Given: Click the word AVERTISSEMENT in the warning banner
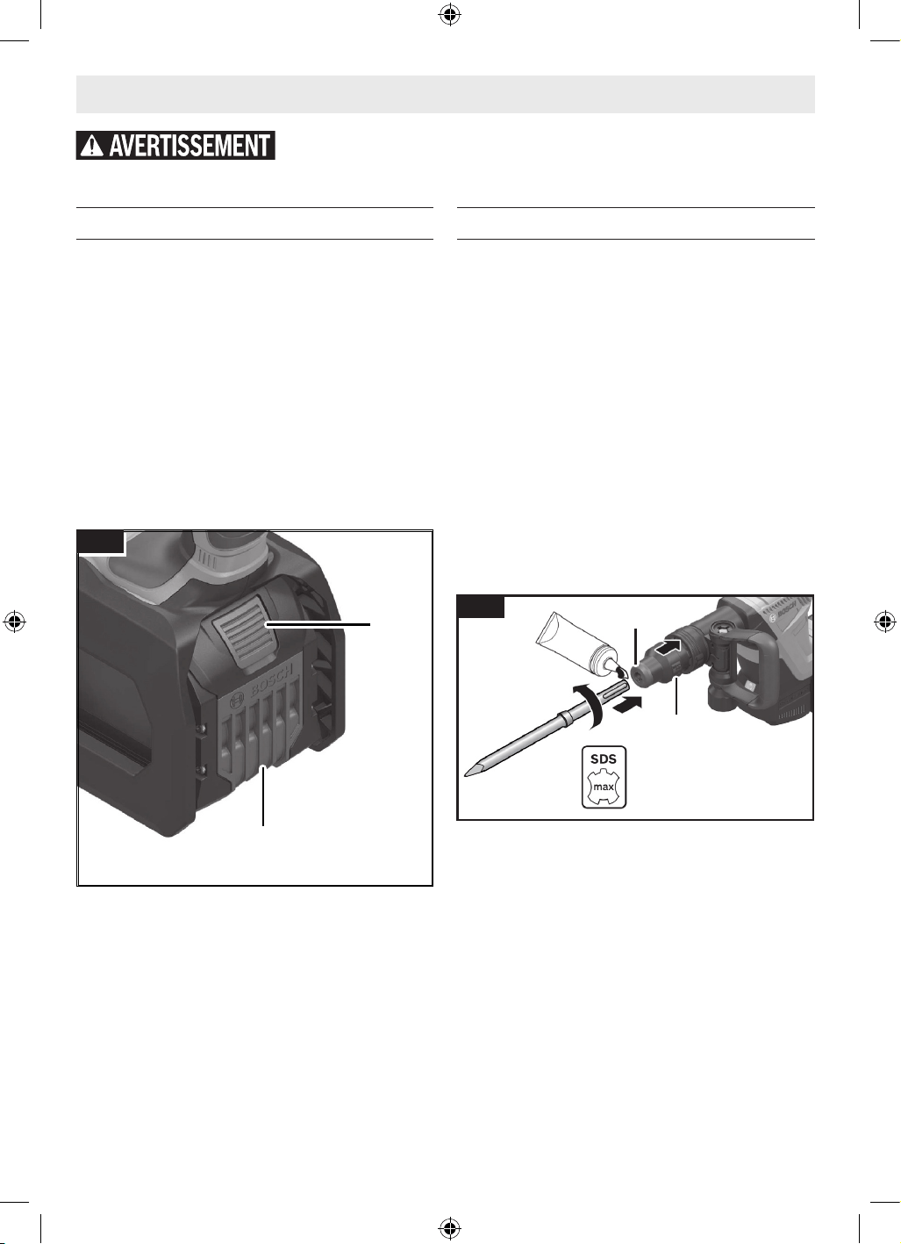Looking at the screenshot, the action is point(189,146).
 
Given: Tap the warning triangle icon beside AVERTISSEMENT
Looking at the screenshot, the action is point(92,146).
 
